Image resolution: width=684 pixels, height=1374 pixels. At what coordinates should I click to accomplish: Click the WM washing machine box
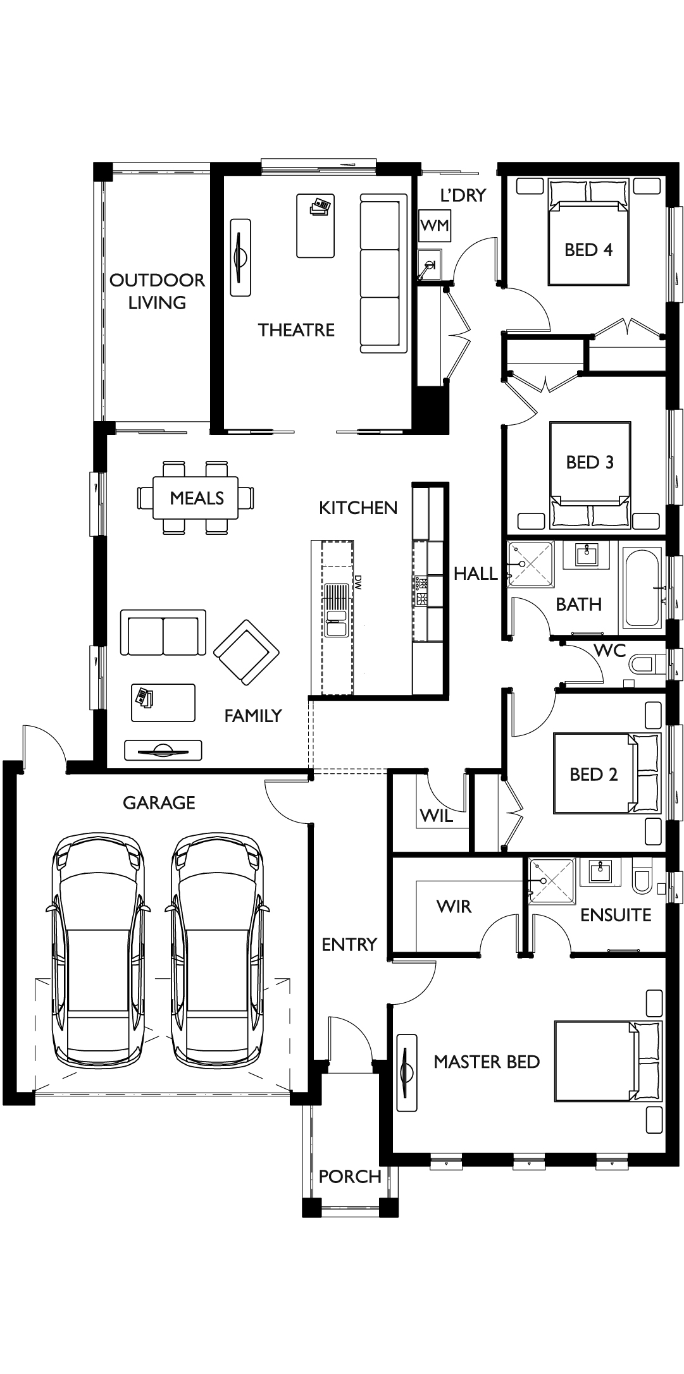click(x=434, y=225)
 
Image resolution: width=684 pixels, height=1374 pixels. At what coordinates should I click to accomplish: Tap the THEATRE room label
click(x=296, y=329)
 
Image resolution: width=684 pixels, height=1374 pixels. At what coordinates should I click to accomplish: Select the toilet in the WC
click(x=645, y=664)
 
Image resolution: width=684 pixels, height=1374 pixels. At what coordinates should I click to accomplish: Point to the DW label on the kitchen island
click(x=358, y=582)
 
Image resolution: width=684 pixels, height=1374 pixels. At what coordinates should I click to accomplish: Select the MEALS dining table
click(x=196, y=498)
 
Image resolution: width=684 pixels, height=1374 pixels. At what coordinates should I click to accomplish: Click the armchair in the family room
click(x=247, y=652)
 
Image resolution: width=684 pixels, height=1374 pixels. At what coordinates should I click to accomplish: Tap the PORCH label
click(x=350, y=1176)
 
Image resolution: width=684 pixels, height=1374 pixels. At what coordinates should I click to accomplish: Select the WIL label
click(x=437, y=816)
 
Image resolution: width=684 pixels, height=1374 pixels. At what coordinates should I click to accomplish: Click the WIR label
click(x=454, y=906)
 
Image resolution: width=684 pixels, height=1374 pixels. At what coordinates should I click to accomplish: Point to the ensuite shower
click(x=552, y=881)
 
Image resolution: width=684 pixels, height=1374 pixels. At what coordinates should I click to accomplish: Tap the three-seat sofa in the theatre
click(x=383, y=273)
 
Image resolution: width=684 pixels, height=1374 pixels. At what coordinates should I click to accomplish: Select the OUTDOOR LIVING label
click(x=158, y=291)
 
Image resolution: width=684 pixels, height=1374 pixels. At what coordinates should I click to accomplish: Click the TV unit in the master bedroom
click(x=406, y=1072)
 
